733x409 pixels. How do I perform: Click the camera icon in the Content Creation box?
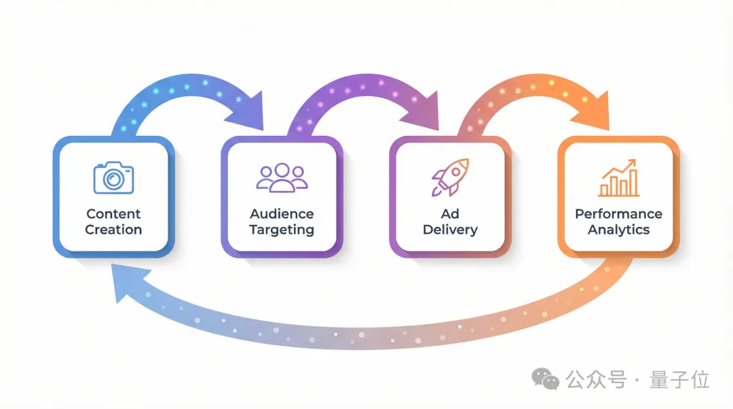tap(113, 177)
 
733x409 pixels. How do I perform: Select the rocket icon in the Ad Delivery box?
tap(449, 177)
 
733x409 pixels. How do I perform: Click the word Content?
tap(113, 214)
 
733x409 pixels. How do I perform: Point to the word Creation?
tap(113, 230)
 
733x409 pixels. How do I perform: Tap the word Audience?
tap(282, 214)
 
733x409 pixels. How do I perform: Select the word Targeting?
tap(282, 230)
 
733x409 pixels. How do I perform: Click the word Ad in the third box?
tap(450, 214)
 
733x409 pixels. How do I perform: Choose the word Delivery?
tap(450, 230)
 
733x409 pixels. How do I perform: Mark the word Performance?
tap(618, 214)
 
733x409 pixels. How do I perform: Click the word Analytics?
tap(618, 230)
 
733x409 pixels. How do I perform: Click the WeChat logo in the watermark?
tap(546, 379)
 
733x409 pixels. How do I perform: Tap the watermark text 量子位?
tap(679, 380)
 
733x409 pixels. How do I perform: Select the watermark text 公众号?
tap(597, 380)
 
